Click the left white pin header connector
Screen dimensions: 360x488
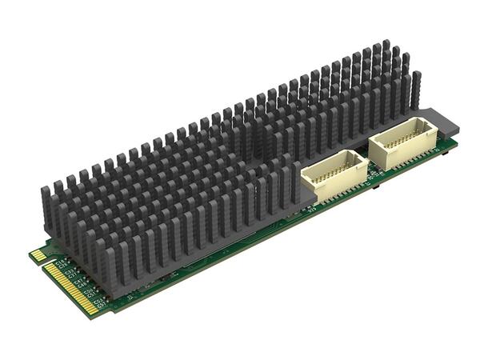pyautogui.click(x=334, y=174)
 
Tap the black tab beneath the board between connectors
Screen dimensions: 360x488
pyautogui.click(x=375, y=190)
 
